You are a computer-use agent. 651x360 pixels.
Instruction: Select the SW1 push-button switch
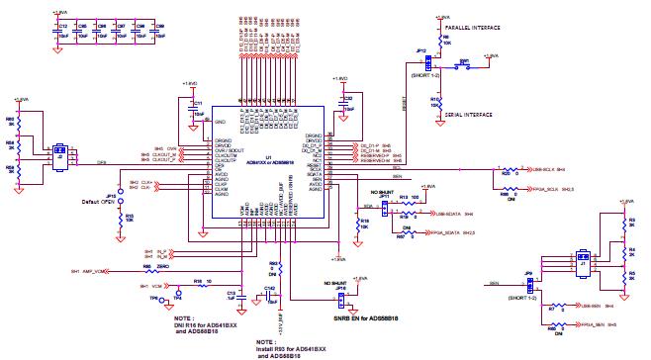click(x=463, y=62)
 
